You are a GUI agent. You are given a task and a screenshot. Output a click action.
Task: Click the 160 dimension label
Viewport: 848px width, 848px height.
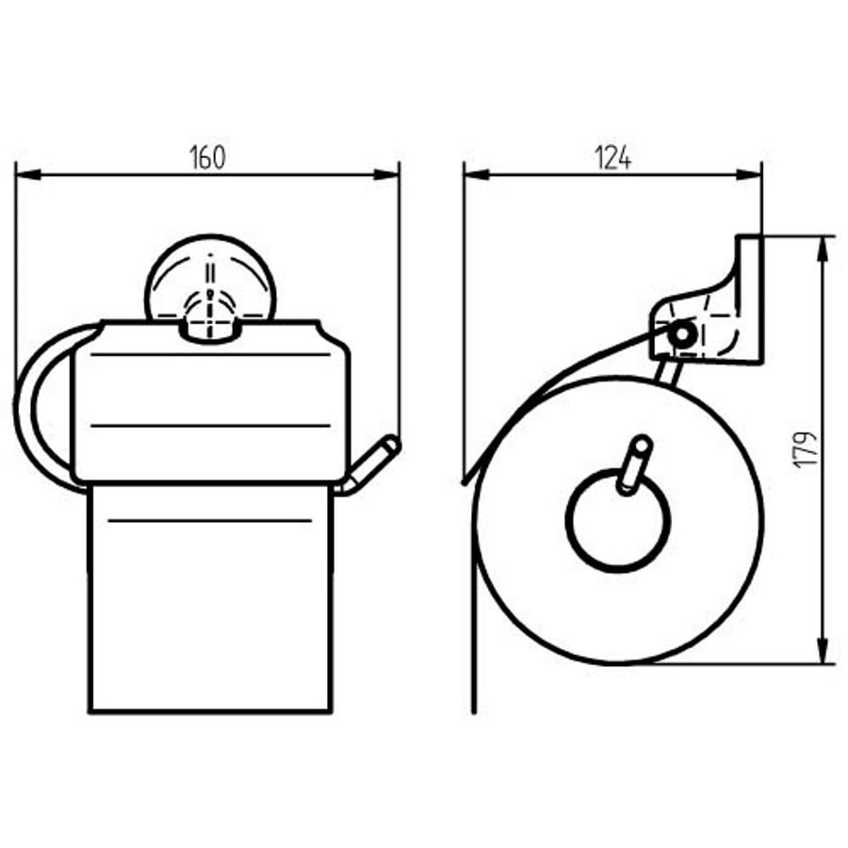tap(209, 157)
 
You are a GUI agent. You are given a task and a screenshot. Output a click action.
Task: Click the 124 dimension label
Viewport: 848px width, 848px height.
tap(612, 157)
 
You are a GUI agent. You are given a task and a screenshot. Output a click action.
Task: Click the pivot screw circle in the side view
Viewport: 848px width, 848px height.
tap(680, 334)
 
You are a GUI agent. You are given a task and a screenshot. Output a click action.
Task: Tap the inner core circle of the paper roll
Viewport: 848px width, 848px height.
tap(618, 520)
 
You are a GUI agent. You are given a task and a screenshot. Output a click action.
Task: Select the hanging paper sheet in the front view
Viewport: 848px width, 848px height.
tap(210, 612)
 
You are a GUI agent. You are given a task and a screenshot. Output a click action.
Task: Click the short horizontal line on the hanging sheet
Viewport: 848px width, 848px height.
tap(210, 520)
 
